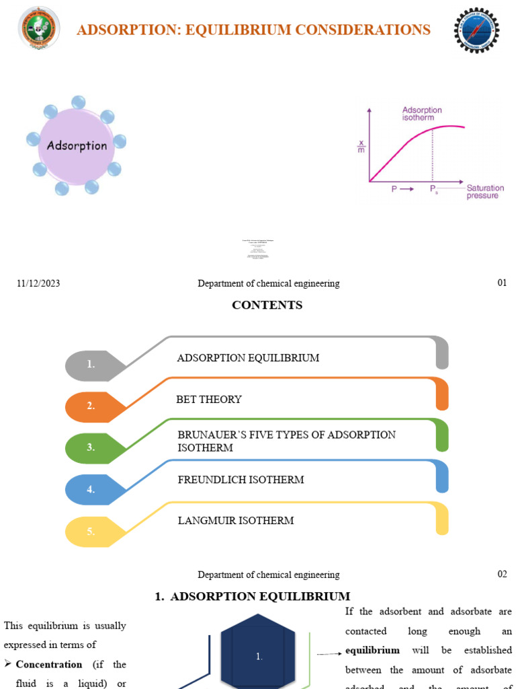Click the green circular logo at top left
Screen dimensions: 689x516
[x=38, y=29]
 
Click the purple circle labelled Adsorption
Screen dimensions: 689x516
[x=77, y=145]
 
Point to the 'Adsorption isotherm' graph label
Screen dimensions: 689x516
[x=422, y=114]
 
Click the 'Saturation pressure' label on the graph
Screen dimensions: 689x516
[x=485, y=192]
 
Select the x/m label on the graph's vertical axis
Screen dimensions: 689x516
[x=361, y=147]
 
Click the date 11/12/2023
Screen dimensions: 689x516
[x=38, y=284]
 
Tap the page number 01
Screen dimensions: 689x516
[x=502, y=283]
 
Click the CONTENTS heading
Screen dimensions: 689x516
[x=267, y=305]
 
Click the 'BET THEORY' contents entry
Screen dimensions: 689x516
[x=209, y=400]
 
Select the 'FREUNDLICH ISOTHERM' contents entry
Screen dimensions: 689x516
[x=241, y=480]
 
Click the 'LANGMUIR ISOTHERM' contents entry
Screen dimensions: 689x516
[x=235, y=520]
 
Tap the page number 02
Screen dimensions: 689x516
[x=502, y=574]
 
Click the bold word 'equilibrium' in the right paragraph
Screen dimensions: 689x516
[x=372, y=651]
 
